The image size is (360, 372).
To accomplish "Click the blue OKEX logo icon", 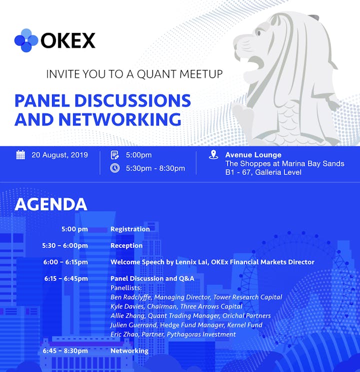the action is click(x=26, y=40).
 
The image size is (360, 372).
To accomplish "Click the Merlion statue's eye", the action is click(x=259, y=32).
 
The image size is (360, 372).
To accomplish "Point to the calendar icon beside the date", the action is click(x=20, y=155).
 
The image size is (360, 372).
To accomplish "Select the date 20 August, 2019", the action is click(x=60, y=155).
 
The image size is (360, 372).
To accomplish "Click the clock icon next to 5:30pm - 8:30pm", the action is click(x=115, y=168).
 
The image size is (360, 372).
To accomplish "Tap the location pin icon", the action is click(x=213, y=154).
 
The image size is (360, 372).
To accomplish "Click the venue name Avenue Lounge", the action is click(x=253, y=155).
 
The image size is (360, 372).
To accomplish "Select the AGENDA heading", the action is click(x=51, y=204).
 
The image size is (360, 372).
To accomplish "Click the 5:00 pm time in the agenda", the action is click(x=75, y=229).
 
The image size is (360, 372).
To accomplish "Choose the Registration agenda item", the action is click(x=130, y=229).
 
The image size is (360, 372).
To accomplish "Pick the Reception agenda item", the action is click(x=126, y=245).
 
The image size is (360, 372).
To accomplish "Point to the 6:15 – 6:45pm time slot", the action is click(x=66, y=278).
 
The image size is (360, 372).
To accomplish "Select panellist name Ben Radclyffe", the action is click(x=130, y=297).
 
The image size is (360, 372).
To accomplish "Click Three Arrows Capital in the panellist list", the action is click(x=211, y=306).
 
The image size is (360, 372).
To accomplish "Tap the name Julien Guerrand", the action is click(x=133, y=325).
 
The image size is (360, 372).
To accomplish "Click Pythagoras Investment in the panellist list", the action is click(x=201, y=334).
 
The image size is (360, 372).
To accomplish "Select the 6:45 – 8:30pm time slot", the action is click(x=65, y=351).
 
